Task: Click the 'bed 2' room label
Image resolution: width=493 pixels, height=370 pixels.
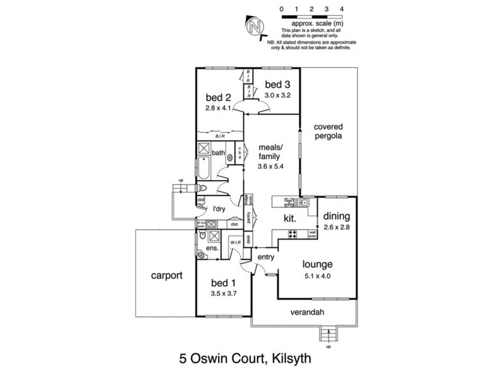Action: (218, 97)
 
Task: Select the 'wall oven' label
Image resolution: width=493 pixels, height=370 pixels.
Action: (312, 234)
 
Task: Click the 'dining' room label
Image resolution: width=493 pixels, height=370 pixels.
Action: (335, 216)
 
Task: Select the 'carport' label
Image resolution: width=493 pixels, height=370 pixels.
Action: (167, 276)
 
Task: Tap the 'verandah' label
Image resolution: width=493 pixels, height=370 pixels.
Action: (307, 311)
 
